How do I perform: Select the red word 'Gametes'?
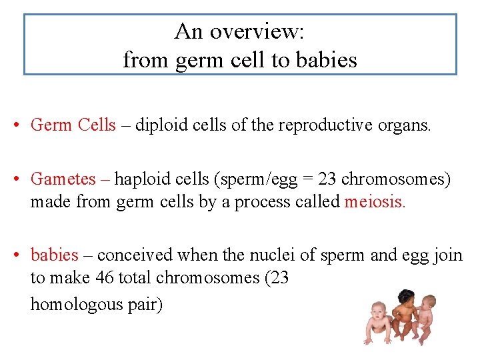[x=63, y=179]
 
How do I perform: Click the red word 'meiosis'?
[x=374, y=201]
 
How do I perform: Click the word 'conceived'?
[x=136, y=255]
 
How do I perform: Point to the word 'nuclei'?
[x=270, y=255]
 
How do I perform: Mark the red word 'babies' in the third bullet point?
[x=55, y=255]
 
